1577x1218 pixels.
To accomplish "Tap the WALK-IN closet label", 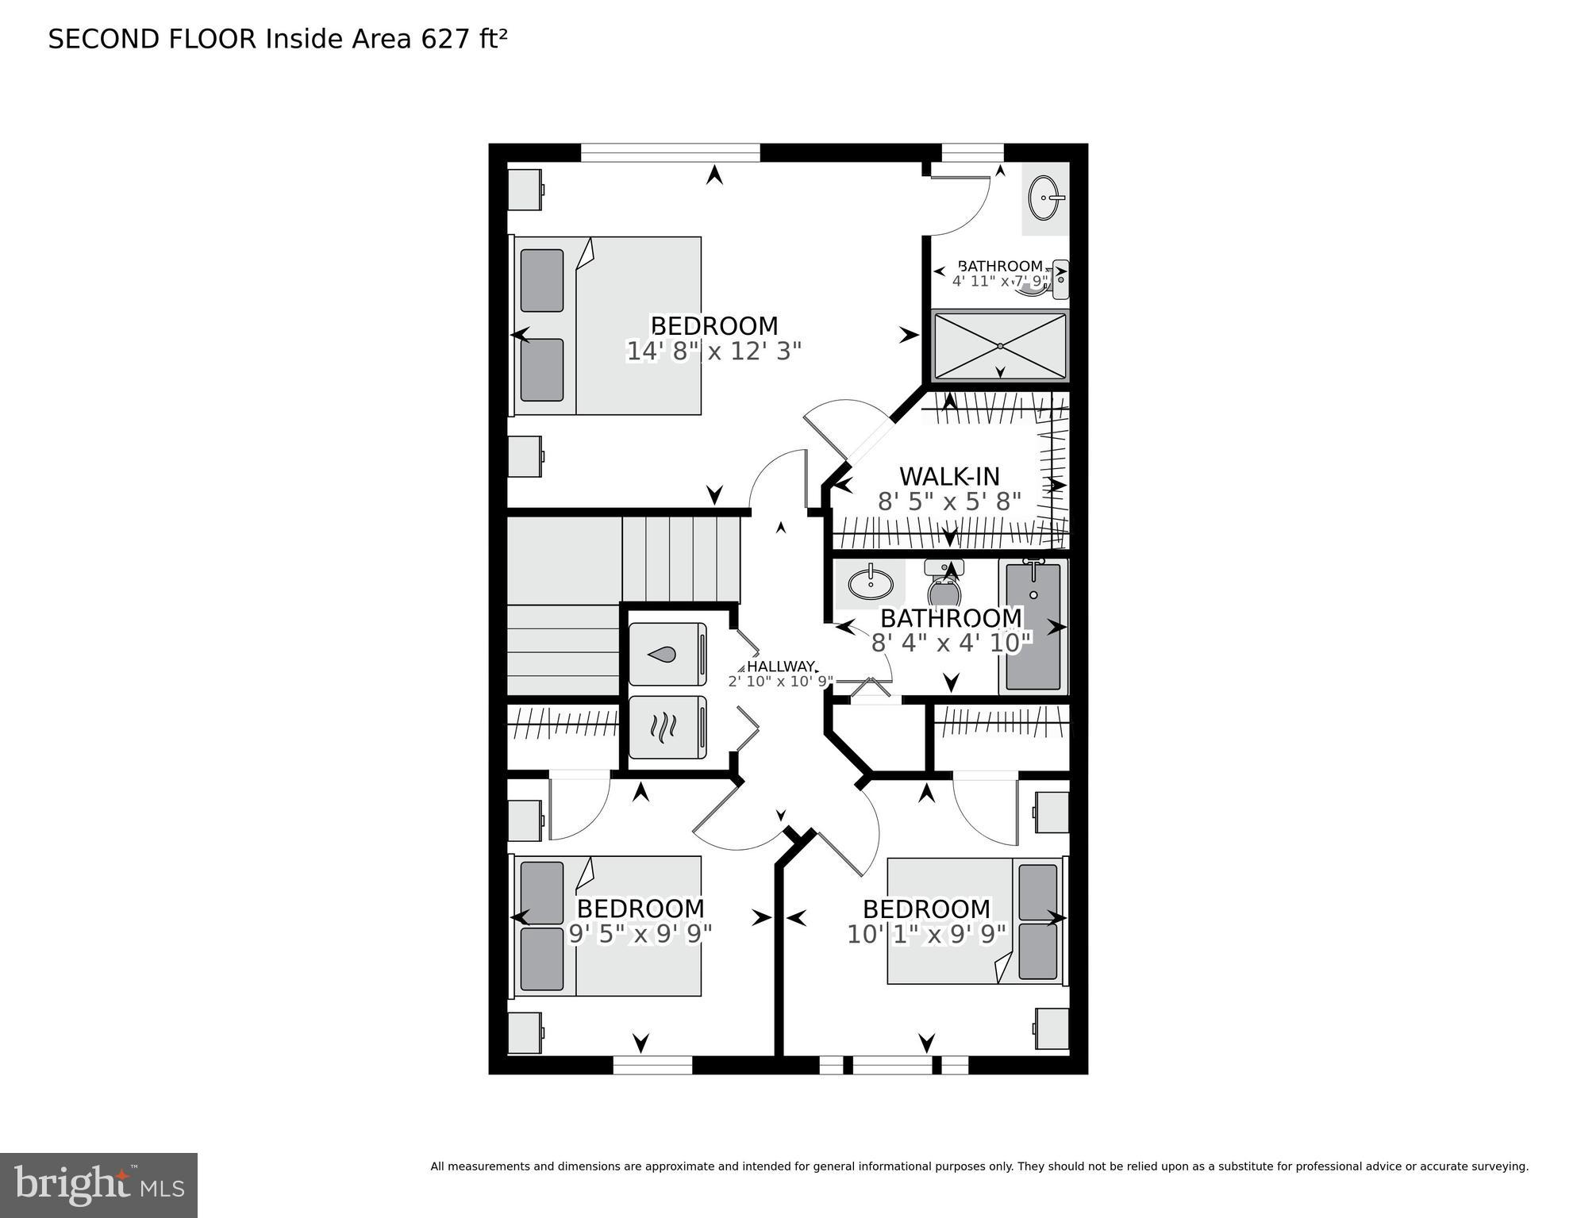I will tap(949, 476).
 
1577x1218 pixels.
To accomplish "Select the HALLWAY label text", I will tap(781, 667).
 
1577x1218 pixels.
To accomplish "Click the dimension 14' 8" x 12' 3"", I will tap(713, 352).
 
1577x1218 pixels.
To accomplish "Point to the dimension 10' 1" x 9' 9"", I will tap(926, 934).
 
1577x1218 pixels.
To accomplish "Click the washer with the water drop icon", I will tap(667, 655).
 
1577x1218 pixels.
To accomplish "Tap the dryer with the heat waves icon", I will tap(667, 728).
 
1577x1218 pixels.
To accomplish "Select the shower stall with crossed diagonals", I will tap(1000, 346).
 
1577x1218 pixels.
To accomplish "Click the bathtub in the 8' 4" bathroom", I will tap(1033, 625).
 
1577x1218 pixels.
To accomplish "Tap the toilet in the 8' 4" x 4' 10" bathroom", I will tap(944, 583).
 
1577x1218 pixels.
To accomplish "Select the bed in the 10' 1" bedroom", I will tap(976, 920).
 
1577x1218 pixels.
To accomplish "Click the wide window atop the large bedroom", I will tap(671, 152).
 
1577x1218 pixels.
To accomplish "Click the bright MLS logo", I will tap(98, 1185).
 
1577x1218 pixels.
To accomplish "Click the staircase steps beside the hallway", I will tap(680, 559).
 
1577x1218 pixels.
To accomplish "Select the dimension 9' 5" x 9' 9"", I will tap(640, 934).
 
